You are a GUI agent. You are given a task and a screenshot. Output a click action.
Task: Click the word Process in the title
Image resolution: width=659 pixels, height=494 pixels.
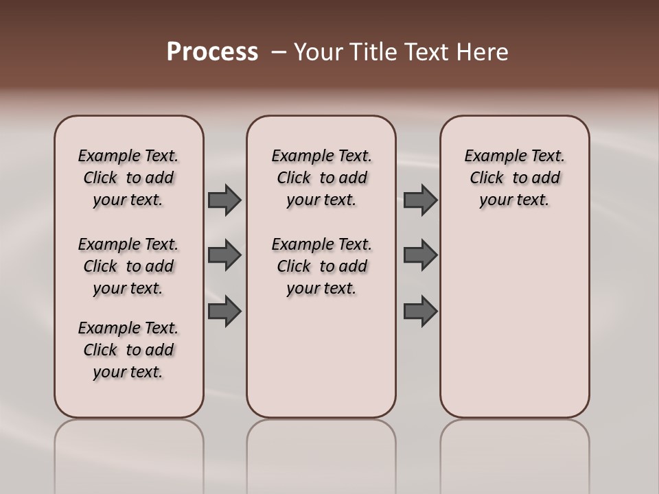tap(212, 52)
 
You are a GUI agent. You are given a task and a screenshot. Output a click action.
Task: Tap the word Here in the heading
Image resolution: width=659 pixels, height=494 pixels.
tap(483, 52)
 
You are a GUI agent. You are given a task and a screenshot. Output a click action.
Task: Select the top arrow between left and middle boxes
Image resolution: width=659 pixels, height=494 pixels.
tap(224, 200)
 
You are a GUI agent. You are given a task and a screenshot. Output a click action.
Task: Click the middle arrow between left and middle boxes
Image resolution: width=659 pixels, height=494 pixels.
tap(224, 255)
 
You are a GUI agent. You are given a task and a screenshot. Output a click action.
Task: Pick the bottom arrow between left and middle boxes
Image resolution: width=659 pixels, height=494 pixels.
tap(224, 311)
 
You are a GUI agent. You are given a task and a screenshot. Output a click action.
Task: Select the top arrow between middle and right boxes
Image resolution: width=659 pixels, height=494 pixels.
tap(420, 200)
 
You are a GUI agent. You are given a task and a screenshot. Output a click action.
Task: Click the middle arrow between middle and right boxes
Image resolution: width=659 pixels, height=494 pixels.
tap(420, 255)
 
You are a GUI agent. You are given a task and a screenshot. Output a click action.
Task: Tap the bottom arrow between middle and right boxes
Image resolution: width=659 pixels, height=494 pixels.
tap(420, 311)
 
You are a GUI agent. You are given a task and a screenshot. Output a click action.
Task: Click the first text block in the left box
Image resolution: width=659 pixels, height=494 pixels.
tap(128, 178)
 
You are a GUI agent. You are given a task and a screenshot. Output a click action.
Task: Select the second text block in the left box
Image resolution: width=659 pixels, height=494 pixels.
tap(128, 266)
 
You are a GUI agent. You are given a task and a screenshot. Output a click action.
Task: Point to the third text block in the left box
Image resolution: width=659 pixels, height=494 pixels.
tap(128, 350)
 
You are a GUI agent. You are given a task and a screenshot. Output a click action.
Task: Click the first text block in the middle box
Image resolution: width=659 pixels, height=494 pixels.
tap(321, 178)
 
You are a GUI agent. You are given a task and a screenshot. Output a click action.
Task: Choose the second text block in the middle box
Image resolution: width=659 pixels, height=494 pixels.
tap(321, 266)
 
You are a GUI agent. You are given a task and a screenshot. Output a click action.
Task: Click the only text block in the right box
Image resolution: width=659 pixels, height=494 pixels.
tap(514, 178)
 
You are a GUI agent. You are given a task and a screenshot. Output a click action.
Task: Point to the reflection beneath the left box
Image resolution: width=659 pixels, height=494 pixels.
tap(129, 453)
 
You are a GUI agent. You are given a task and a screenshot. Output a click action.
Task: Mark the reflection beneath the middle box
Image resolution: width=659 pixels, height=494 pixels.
tap(321, 453)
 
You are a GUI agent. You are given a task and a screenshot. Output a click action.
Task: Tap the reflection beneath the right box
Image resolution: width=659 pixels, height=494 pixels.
tap(514, 453)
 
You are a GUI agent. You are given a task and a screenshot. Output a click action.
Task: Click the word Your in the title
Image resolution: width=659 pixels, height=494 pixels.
tap(316, 52)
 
